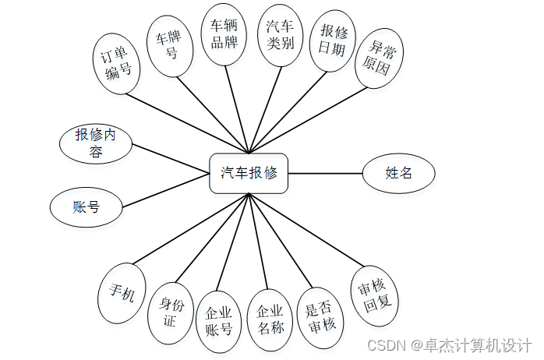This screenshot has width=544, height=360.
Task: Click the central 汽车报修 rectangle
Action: (249, 173)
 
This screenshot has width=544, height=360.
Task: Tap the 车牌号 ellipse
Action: (169, 46)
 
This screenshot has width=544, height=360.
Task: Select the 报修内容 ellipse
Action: (96, 143)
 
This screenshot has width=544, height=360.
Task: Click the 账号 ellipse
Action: (86, 207)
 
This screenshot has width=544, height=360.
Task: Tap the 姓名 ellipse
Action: (398, 173)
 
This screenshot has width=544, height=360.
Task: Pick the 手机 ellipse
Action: (122, 294)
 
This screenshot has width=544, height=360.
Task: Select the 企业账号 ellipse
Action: (219, 319)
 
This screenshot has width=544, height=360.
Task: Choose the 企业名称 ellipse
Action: (269, 318)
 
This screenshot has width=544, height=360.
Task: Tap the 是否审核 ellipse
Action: (319, 313)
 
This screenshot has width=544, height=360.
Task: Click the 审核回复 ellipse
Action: (376, 295)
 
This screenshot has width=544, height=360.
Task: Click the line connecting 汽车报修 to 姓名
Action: (325, 173)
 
